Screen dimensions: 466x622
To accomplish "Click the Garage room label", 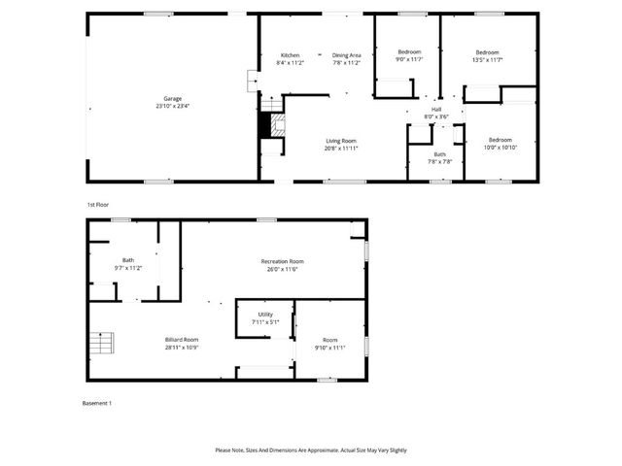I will [x=173, y=98].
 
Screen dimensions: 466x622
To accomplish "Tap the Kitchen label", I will [x=291, y=54].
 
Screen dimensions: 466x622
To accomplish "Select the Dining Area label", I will [x=347, y=54].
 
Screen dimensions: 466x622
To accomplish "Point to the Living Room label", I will [x=341, y=141].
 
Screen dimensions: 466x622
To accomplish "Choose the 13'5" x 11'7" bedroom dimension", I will [x=487, y=59].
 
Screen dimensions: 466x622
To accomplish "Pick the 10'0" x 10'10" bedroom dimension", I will [x=500, y=147].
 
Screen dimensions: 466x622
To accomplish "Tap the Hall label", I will [x=436, y=109].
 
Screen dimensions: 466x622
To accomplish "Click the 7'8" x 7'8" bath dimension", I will [x=439, y=161].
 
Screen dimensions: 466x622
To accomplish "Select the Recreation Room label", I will [x=283, y=261].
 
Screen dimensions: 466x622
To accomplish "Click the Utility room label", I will [x=264, y=315].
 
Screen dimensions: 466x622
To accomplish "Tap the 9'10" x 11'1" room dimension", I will [x=330, y=347].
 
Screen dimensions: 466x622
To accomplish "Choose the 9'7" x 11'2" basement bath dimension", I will [x=128, y=267].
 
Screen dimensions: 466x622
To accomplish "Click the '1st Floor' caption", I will [x=97, y=205].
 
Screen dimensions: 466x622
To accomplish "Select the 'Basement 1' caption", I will [x=98, y=403].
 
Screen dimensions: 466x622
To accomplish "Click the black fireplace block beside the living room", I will [x=262, y=125].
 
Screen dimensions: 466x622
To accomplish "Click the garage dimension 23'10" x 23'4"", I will [x=173, y=105].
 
